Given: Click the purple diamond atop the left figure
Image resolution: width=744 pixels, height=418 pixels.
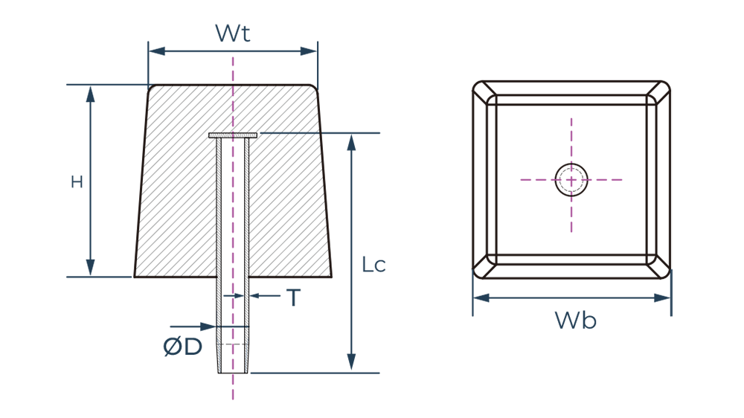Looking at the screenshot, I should click(234, 68).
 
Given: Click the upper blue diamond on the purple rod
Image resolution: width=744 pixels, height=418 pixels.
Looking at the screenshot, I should click(234, 296).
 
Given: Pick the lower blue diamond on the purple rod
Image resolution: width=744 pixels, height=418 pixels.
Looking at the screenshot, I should click(234, 327).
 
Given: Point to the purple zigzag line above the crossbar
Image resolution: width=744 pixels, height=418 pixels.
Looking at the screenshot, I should click(233, 109).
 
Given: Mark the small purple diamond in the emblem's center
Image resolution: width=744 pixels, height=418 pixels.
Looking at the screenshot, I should click(571, 179).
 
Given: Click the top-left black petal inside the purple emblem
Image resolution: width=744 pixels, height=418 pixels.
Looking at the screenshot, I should click(557, 166).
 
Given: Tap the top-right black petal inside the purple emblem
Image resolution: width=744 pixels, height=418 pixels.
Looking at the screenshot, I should click(584, 166).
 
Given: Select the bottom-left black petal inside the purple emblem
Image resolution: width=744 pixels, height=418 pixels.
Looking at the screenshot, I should click(557, 192).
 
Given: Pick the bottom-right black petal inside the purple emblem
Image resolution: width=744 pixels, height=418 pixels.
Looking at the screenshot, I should click(584, 192).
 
